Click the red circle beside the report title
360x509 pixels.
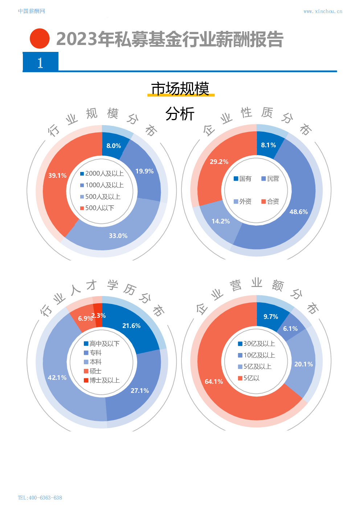pyautogui.click(x=40, y=38)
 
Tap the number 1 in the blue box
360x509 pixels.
pyautogui.click(x=40, y=63)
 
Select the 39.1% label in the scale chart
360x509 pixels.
pyautogui.click(x=57, y=176)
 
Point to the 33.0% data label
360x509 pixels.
pyautogui.click(x=118, y=236)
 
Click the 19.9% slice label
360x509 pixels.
pyautogui.click(x=144, y=171)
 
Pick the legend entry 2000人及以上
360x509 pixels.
pyautogui.click(x=102, y=173)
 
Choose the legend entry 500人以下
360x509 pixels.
pyautogui.click(x=97, y=208)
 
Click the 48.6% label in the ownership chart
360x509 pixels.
pyautogui.click(x=298, y=212)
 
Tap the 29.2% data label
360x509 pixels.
pyautogui.click(x=219, y=162)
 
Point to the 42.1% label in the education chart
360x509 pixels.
pyautogui.click(x=57, y=378)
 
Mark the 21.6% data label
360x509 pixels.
pyautogui.click(x=131, y=326)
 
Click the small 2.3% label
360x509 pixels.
pyautogui.click(x=98, y=316)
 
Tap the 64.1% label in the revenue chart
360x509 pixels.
pyautogui.click(x=214, y=382)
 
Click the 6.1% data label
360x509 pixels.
pyautogui.click(x=290, y=329)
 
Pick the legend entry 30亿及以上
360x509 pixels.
pyautogui.click(x=256, y=344)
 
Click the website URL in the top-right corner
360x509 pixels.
pyautogui.click(x=323, y=11)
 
